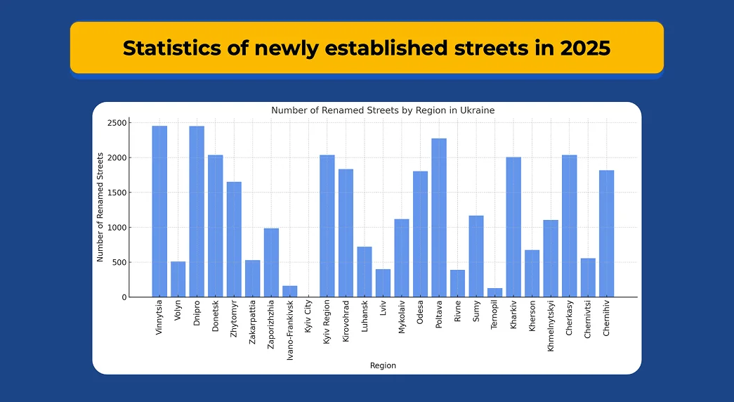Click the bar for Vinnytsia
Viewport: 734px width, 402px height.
159,212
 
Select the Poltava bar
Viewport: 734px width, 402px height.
439,218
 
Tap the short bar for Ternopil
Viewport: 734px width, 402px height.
494,292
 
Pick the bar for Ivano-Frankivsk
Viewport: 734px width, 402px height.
290,292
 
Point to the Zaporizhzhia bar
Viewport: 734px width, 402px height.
272,262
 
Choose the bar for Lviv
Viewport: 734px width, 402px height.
383,283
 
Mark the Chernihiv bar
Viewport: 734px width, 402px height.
607,233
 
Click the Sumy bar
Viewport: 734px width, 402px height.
476,257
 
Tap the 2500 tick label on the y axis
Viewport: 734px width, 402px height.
117,123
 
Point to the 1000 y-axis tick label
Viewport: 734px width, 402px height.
117,227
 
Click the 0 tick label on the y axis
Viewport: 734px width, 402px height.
124,297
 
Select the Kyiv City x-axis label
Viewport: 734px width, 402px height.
308,317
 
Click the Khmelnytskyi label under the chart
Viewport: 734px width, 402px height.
551,326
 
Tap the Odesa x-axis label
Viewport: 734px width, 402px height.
420,312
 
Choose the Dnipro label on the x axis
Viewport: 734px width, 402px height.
197,313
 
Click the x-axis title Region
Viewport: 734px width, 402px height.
383,365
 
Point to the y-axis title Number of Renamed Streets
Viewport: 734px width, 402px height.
100,207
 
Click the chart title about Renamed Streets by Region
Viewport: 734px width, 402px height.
383,110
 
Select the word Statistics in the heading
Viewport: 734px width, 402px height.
173,48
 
